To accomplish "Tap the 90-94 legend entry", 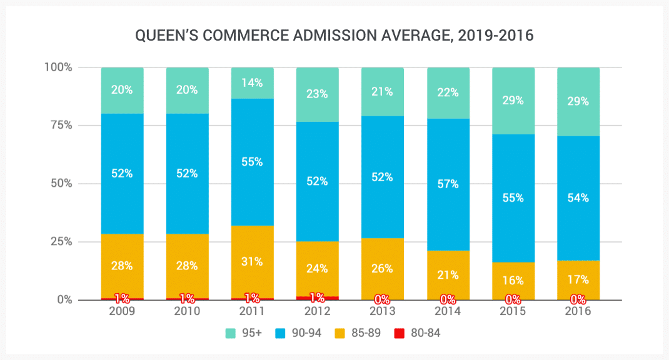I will (299, 333).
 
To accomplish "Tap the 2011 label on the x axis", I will (252, 311).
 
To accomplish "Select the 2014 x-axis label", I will (448, 311).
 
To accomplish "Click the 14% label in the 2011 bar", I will (252, 82).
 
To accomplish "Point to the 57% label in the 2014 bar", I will (448, 184).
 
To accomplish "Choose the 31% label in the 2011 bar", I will (252, 262).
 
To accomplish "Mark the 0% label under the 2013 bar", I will (382, 299).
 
